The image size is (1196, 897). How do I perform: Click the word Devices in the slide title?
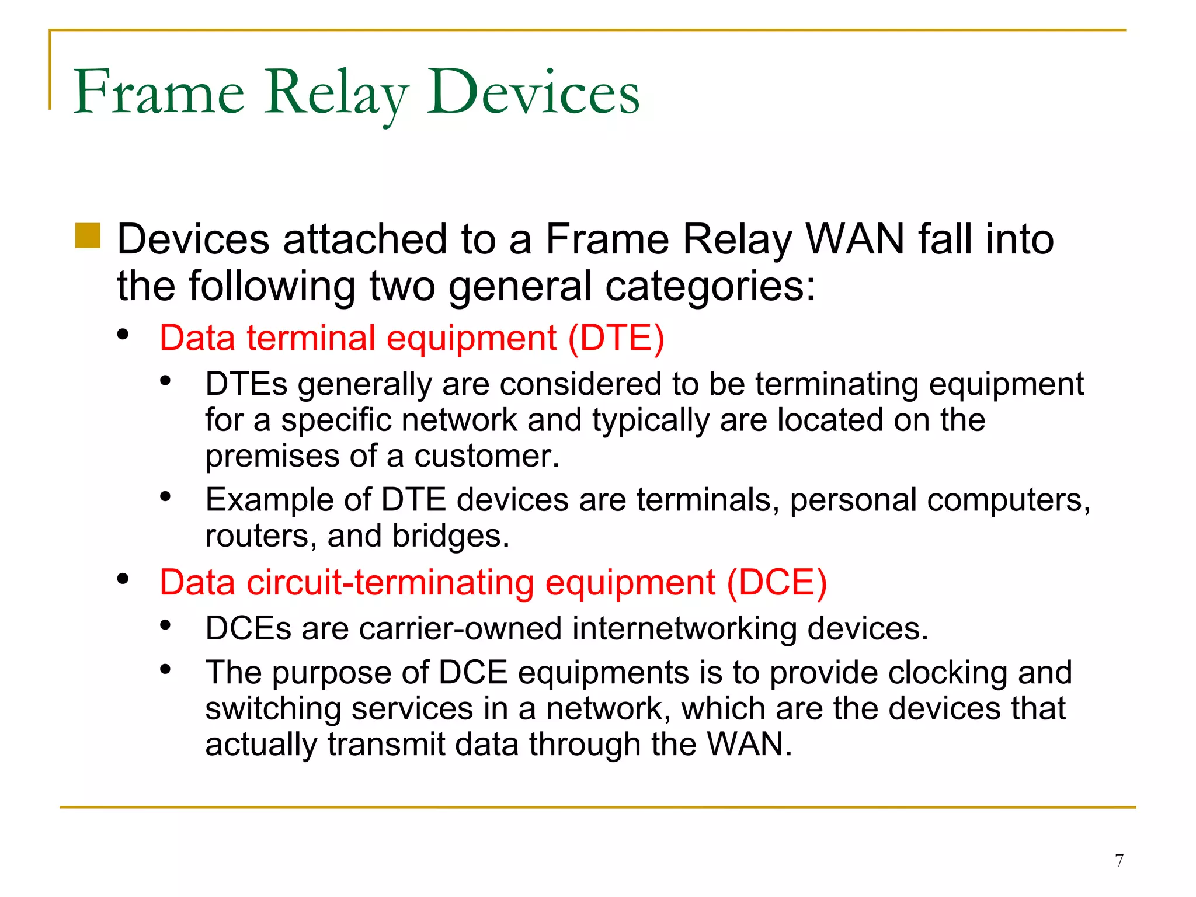click(533, 92)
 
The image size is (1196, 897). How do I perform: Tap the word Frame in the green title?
click(159, 92)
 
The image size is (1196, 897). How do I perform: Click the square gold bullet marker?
click(88, 235)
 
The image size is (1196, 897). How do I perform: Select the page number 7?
click(1119, 860)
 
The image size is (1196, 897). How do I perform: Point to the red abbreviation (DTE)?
click(616, 338)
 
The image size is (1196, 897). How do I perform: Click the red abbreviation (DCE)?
click(777, 582)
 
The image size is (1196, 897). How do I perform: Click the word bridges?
click(450, 536)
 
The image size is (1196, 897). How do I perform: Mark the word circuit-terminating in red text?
click(390, 582)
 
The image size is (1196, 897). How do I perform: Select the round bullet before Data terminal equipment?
click(123, 335)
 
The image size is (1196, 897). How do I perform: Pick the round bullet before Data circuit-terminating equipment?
click(123, 579)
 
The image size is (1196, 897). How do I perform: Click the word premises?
click(272, 457)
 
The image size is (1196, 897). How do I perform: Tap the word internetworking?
click(684, 628)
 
